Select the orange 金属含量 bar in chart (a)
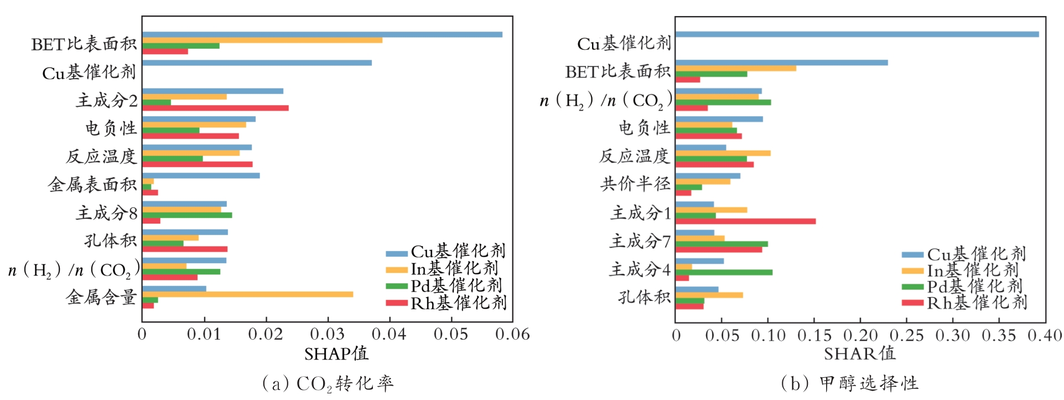[247, 294]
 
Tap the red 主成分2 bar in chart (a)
[215, 108]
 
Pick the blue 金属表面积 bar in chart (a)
[201, 176]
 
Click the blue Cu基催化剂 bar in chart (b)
[857, 34]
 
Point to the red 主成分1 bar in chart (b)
[745, 221]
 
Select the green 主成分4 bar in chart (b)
[724, 272]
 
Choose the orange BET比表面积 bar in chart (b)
[736, 69]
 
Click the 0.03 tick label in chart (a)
[328, 335]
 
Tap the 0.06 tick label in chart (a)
[512, 335]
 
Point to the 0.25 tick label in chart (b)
[906, 336]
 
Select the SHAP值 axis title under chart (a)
[336, 354]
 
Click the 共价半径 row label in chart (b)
[635, 184]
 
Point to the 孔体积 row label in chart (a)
[110, 241]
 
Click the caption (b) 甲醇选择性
[849, 383]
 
